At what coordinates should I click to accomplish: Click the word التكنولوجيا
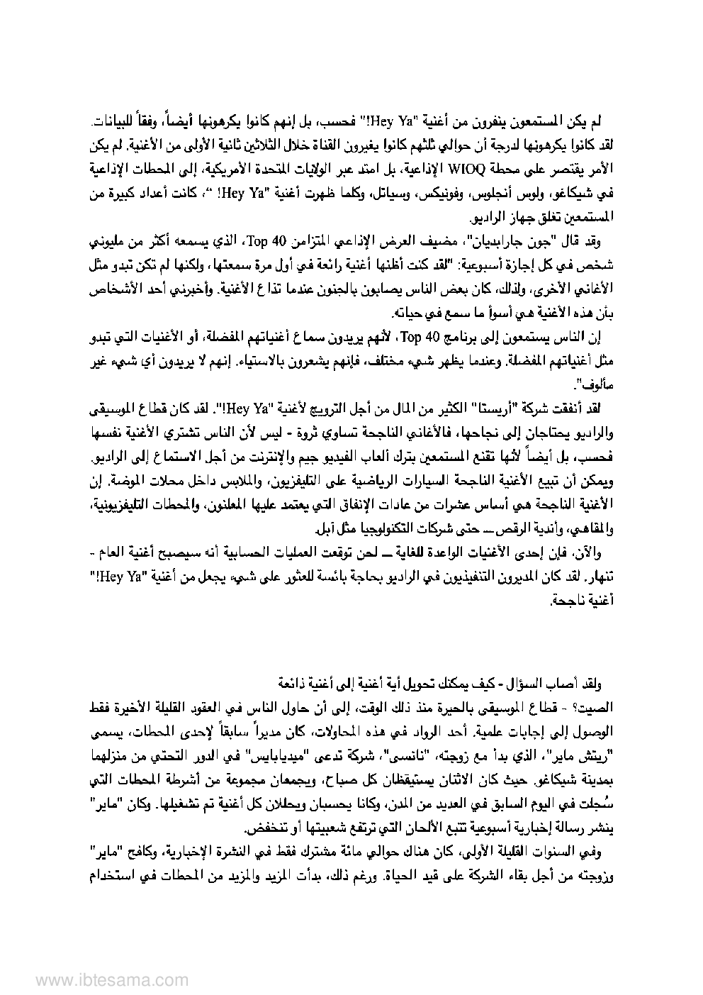[367, 529]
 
